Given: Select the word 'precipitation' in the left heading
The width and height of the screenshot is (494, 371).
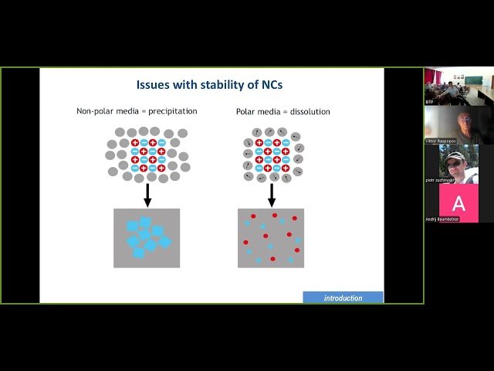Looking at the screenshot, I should click(x=170, y=111).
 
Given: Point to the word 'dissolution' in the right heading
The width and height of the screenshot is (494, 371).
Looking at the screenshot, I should click(x=309, y=112).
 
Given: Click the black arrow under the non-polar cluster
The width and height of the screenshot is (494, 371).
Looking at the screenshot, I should click(x=147, y=195).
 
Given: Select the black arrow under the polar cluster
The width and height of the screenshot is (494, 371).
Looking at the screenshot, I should click(x=271, y=195).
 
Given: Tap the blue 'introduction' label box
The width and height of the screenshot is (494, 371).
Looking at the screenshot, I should click(x=343, y=298).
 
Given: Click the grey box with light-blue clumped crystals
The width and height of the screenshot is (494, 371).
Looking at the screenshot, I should click(x=147, y=238).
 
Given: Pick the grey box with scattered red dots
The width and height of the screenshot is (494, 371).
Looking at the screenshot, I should click(x=271, y=238).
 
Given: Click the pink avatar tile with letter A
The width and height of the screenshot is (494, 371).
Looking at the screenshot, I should click(x=458, y=203).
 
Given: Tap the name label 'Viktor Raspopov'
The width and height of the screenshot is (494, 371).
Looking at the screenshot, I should click(x=442, y=141).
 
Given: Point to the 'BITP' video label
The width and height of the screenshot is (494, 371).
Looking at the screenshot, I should click(x=430, y=102).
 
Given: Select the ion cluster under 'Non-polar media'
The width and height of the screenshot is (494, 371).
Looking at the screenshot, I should click(x=147, y=154).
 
